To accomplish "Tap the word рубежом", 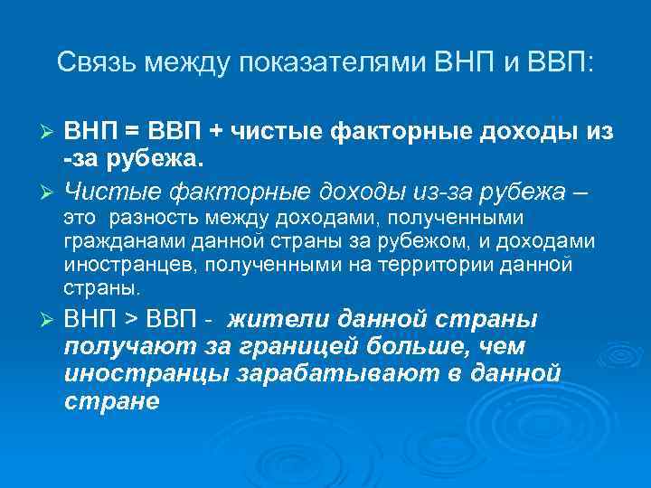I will point(422,241).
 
